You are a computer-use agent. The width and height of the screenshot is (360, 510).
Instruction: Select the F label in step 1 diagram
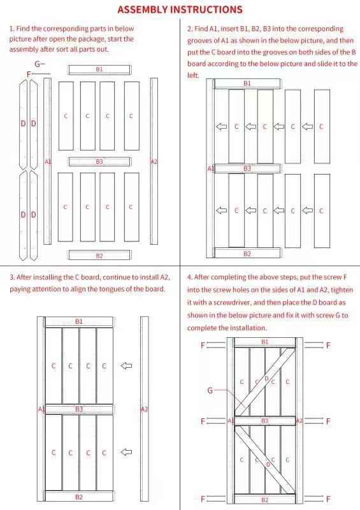pos(29,75)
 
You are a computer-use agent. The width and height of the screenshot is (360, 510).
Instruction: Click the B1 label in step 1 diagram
pos(99,69)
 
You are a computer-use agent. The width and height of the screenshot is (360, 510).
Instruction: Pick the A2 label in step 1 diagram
pos(154,162)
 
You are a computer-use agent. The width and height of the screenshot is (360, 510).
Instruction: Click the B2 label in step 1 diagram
pos(99,256)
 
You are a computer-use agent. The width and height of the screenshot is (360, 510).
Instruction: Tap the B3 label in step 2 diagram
pos(247,168)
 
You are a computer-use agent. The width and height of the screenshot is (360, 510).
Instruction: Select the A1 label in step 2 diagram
pos(211,168)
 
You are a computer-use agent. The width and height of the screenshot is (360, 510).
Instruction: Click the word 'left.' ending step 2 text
pos(193,75)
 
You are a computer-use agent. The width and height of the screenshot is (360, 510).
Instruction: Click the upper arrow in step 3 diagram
pos(126,365)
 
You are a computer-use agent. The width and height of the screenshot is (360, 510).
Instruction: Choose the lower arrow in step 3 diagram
pos(126,452)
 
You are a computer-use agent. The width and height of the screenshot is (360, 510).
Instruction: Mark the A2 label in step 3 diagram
pos(144,409)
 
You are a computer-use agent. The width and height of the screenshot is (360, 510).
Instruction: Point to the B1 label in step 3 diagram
pos(79,322)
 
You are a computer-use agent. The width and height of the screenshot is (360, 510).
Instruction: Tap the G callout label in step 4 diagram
pos(210,390)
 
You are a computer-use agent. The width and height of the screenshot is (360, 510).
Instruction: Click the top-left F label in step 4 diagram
pos(203,346)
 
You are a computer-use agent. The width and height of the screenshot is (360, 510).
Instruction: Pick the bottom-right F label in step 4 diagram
pos(328,499)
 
